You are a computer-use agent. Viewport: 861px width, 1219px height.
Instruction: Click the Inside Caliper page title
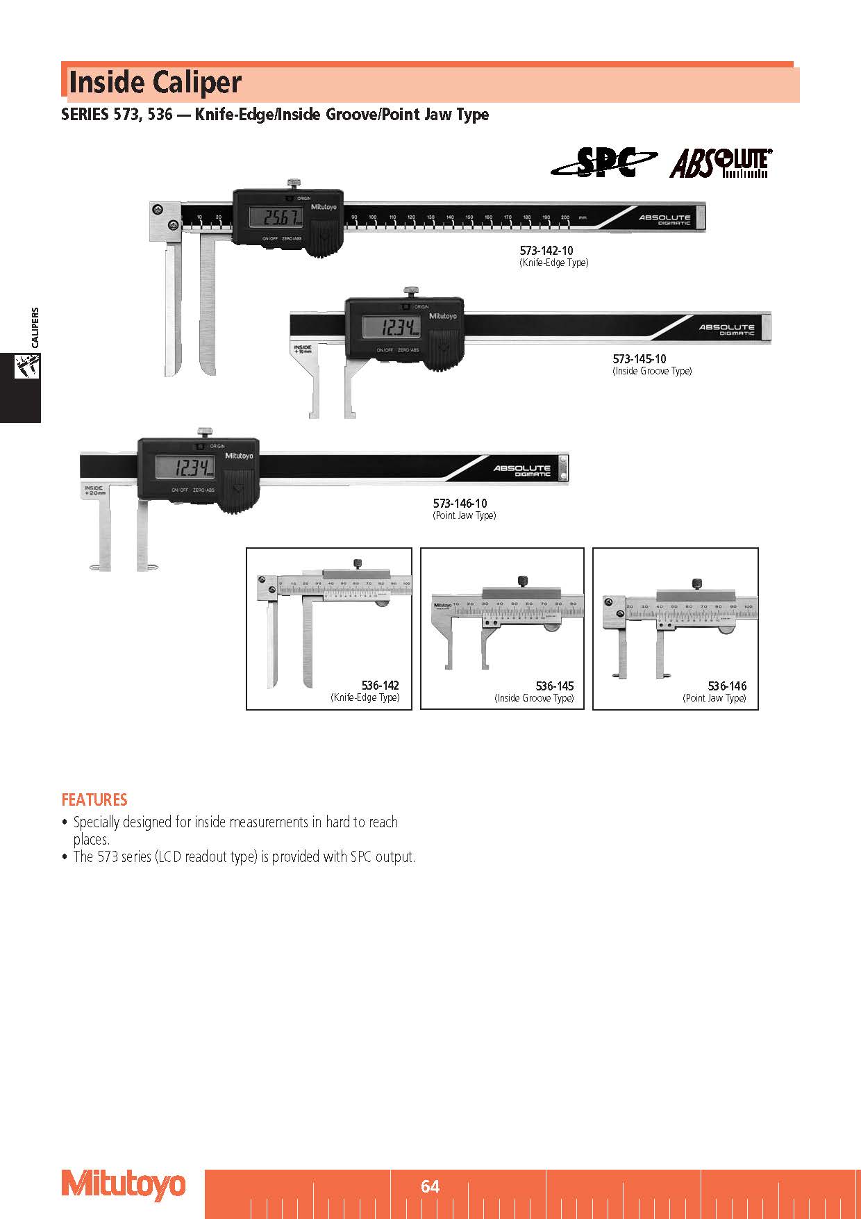click(x=155, y=83)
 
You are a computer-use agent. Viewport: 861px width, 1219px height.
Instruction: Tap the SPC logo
click(x=603, y=163)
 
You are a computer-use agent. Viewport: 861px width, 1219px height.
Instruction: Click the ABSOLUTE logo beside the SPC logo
click(x=721, y=163)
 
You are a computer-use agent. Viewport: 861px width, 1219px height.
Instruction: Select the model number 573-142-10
click(x=546, y=250)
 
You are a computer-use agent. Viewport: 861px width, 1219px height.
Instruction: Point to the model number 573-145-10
click(x=639, y=358)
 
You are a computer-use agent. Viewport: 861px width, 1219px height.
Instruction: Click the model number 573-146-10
click(x=460, y=503)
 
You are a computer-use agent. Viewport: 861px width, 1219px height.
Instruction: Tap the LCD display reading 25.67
click(x=278, y=217)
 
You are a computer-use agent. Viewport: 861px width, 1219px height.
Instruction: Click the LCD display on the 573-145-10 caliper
click(x=391, y=326)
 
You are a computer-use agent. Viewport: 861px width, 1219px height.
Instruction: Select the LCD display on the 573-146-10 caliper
click(x=184, y=467)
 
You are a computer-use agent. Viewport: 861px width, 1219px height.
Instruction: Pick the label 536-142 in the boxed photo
click(x=380, y=686)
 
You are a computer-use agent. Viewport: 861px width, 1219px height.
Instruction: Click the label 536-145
click(x=554, y=686)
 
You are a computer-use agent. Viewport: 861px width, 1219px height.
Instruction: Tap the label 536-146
click(x=727, y=686)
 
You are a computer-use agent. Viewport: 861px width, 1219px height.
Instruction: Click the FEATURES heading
click(x=94, y=799)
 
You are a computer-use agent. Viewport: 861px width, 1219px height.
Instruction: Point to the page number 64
click(x=430, y=1186)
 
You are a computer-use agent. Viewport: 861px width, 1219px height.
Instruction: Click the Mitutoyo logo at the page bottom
click(x=124, y=1184)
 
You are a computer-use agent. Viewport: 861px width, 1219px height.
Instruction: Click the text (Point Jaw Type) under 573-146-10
click(x=464, y=515)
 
